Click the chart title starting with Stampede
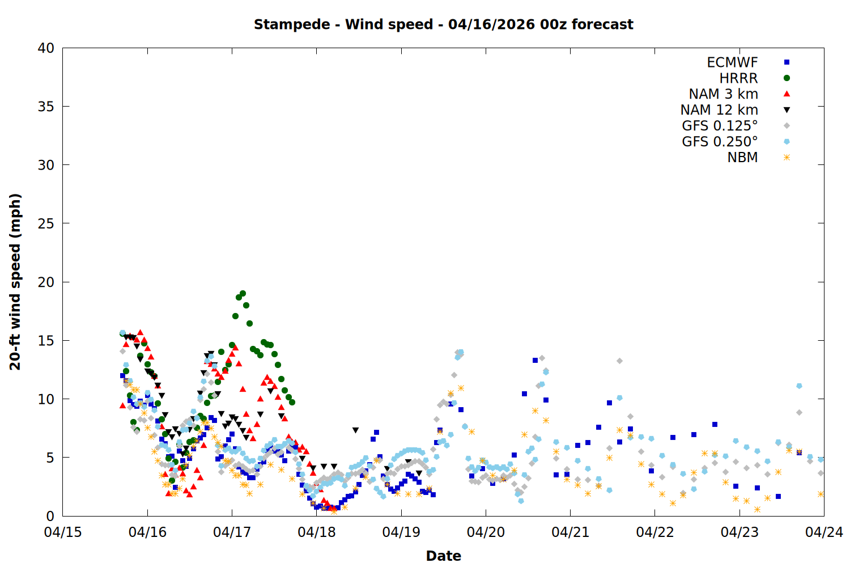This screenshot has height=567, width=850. [x=443, y=24]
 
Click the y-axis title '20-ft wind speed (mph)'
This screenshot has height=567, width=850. [x=15, y=282]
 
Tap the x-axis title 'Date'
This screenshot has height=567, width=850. [x=443, y=556]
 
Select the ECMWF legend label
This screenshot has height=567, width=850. [x=732, y=62]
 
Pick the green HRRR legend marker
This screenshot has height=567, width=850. [x=787, y=78]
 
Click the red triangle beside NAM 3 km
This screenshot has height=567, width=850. [x=787, y=94]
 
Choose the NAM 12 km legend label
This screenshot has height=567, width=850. [x=719, y=110]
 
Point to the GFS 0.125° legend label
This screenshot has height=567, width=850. [x=720, y=126]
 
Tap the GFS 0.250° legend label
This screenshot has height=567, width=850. [x=720, y=142]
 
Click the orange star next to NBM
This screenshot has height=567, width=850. [x=787, y=158]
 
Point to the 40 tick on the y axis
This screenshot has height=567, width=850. [x=46, y=48]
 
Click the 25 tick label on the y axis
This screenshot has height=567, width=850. [x=46, y=223]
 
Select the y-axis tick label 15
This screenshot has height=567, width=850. [x=46, y=340]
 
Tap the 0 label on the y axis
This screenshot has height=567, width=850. [x=50, y=516]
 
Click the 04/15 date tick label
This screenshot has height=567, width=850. [x=63, y=532]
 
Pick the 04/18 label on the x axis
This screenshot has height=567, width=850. [x=317, y=532]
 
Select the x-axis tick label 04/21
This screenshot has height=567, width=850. [x=570, y=532]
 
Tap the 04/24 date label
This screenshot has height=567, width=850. [x=824, y=532]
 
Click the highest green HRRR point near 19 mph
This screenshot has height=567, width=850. [x=243, y=294]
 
